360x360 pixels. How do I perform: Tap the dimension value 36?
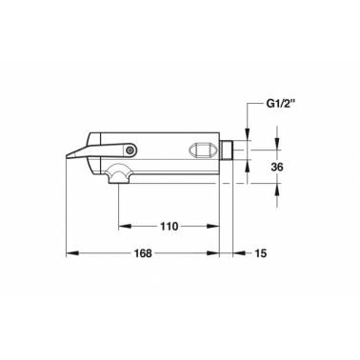click(277, 167)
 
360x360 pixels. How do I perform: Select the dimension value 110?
click(169, 227)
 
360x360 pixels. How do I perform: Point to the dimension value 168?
click(143, 253)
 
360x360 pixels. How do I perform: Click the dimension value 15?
click(261, 253)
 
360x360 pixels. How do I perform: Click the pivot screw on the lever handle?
click(130, 150)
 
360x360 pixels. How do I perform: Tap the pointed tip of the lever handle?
click(67, 156)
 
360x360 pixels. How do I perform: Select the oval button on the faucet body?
click(203, 150)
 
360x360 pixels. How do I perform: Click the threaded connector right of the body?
click(226, 150)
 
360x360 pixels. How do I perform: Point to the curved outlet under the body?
click(118, 174)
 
